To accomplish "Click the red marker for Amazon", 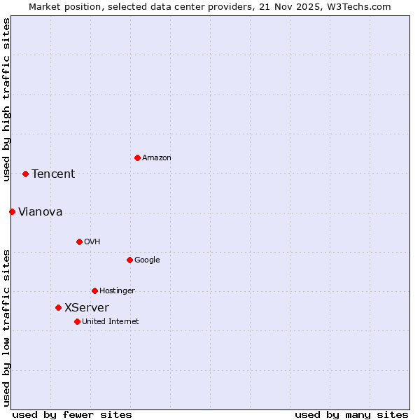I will pos(137,157).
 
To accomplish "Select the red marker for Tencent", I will pos(25,174).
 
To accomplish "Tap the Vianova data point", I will pos(12,211).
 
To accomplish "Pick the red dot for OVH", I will pos(79,241).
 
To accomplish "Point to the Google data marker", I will pos(129,260).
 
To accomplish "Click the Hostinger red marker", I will pos(94,290).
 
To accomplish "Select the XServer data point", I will pos(58,307).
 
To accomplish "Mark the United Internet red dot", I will pos(77,321).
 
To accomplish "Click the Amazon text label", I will pos(157,158).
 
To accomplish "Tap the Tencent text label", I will pos(53,174).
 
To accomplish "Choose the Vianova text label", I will pos(40,212).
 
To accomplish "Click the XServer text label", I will pos(87,308).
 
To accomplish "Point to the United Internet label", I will pos(111,322).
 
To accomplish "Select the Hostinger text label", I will pos(117,291).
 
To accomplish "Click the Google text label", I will pos(147,260).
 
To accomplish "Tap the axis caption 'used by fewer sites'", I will pos(72,415).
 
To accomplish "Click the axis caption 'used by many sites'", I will pos(351,415).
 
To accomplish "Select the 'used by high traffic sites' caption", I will pos(6,99).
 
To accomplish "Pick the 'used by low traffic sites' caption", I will pos(6,328).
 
